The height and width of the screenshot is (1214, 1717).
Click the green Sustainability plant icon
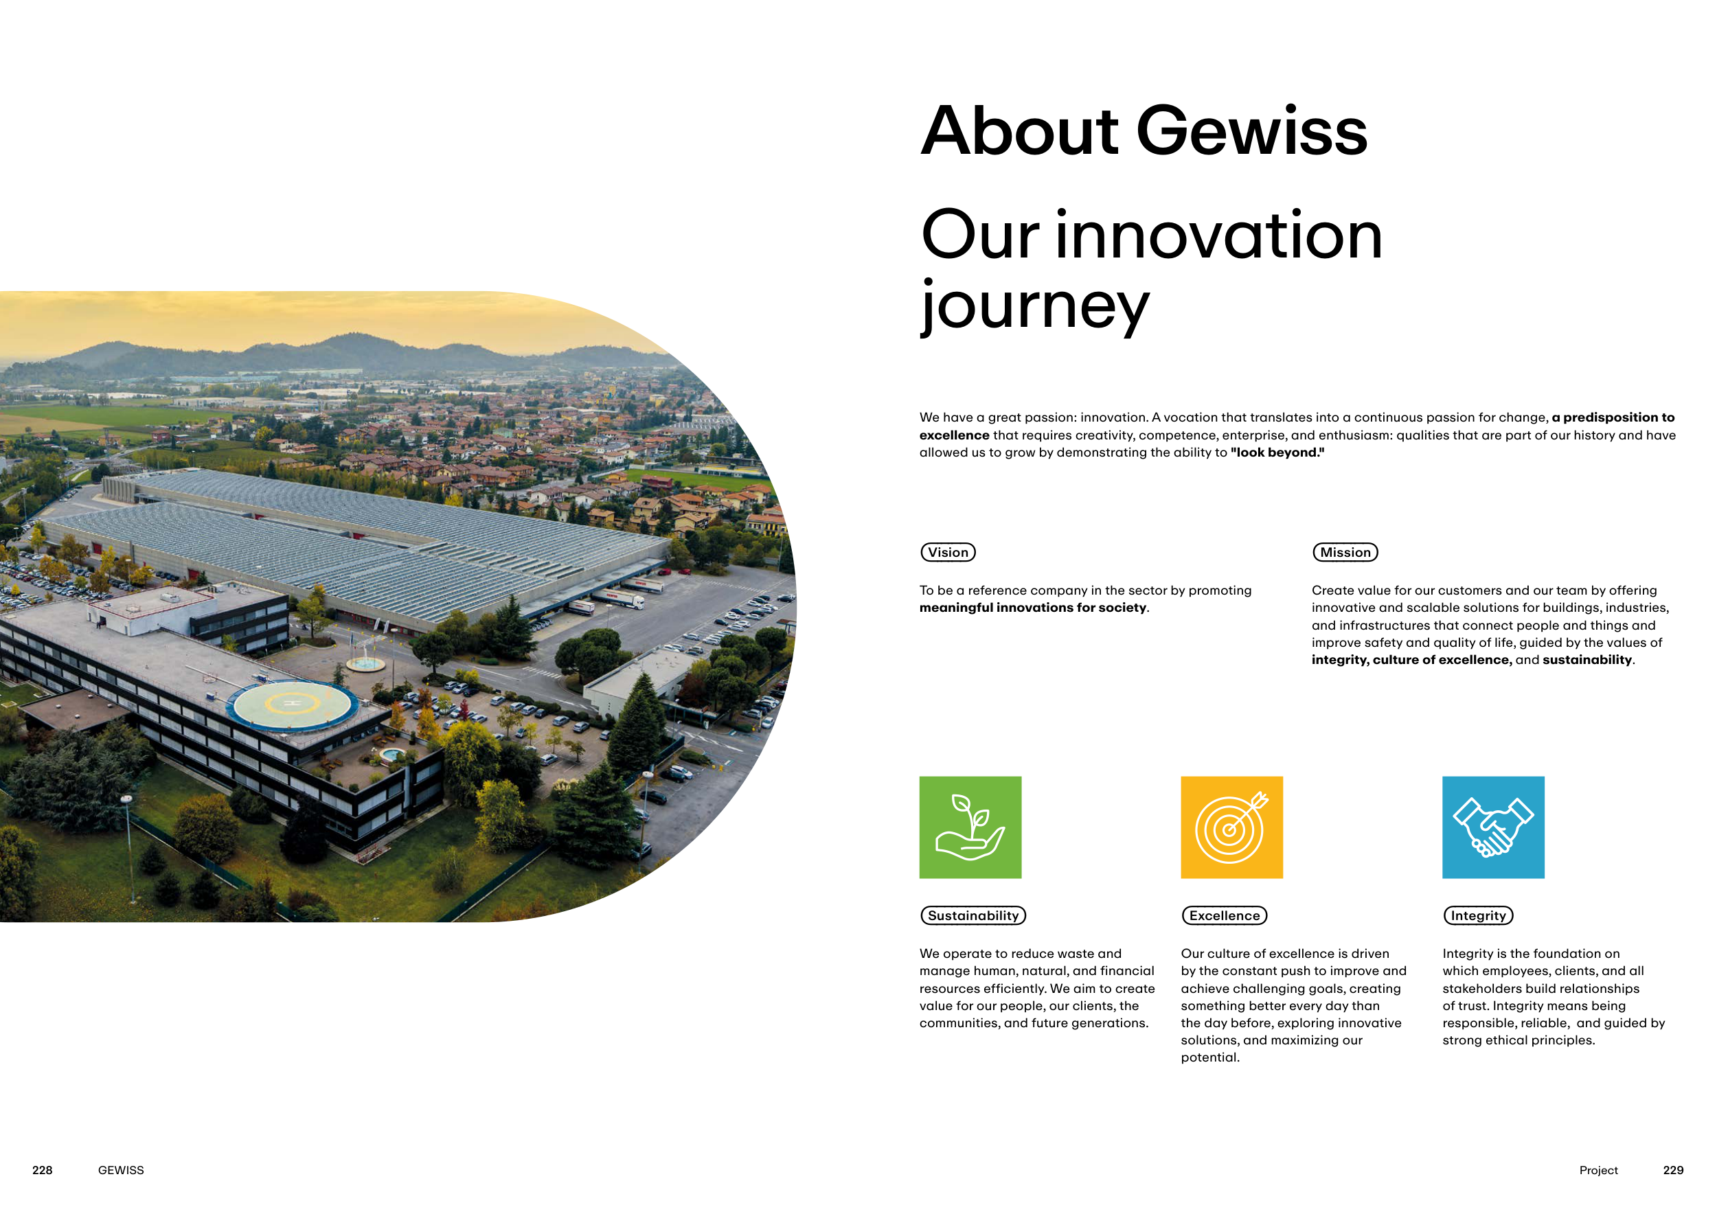[x=970, y=827]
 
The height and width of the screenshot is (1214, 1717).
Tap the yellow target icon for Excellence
[x=1231, y=827]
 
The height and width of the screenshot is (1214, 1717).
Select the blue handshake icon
[x=1492, y=827]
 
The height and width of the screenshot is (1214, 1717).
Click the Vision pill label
[x=948, y=553]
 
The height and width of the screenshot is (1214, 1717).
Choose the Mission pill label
[x=1345, y=553]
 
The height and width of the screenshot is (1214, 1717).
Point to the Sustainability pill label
[x=973, y=916]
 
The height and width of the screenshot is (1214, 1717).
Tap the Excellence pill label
[x=1224, y=916]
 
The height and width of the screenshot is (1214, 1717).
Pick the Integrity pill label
[x=1478, y=916]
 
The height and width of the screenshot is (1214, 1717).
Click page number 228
[x=43, y=1170]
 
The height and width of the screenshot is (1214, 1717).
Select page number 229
[x=1673, y=1170]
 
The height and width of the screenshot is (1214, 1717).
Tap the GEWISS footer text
[x=121, y=1170]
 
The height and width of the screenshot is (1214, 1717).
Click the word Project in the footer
[x=1598, y=1170]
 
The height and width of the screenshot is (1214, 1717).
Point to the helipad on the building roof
[x=293, y=705]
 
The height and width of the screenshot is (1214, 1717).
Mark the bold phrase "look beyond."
[x=1277, y=453]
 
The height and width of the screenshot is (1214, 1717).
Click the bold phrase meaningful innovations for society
[x=1033, y=608]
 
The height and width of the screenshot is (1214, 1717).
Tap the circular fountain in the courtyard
[x=365, y=663]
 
